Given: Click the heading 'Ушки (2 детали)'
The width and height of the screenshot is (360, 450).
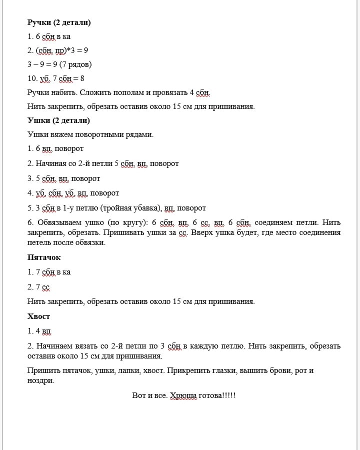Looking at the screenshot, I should [58, 120].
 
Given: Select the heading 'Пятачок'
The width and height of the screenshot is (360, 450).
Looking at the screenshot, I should [44, 257].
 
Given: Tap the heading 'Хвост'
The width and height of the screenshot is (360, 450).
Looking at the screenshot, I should [39, 316].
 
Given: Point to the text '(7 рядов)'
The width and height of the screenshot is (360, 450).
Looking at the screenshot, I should [75, 64].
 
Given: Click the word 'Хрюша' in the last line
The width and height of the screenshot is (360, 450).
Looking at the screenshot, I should [184, 395].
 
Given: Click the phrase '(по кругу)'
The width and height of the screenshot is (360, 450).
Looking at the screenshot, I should [128, 222].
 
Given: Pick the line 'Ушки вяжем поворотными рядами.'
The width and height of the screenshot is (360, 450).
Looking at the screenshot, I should [90, 134].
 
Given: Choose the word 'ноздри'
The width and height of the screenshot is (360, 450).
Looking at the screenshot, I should [40, 380].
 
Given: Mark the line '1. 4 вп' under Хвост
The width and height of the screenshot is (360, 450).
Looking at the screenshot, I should [39, 331].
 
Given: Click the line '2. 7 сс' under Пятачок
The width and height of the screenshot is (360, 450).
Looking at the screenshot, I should [39, 287].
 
